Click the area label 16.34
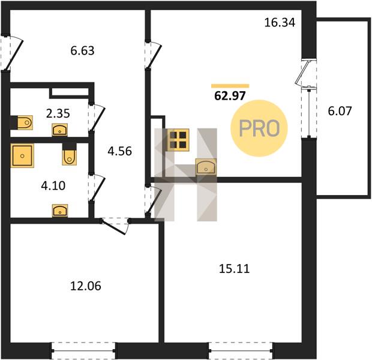[x=280, y=23]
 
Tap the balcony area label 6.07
[x=340, y=111]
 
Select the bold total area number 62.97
[x=230, y=96]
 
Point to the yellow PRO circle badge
[x=259, y=128]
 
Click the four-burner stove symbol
[x=178, y=140]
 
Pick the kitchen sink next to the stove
[x=206, y=167]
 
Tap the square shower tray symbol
[x=22, y=155]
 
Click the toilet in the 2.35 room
[x=25, y=122]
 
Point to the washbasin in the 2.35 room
[x=60, y=130]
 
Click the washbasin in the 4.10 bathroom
[x=60, y=211]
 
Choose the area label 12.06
[x=86, y=286]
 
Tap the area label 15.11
[x=234, y=269]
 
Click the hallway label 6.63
[x=82, y=51]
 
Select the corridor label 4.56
[x=119, y=151]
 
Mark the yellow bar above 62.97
[x=230, y=86]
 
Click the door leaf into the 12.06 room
[x=113, y=228]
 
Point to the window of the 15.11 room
[x=241, y=350]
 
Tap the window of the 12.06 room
[x=83, y=350]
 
